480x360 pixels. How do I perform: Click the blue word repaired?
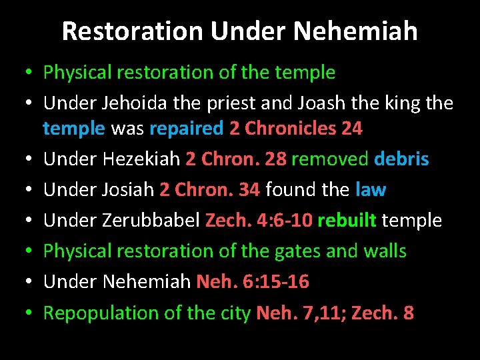coord(187,128)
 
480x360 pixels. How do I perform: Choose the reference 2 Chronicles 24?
coord(296,128)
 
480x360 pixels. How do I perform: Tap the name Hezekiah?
coord(141,159)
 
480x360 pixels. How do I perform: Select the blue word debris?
coord(401,159)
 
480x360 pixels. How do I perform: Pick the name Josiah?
coord(129,190)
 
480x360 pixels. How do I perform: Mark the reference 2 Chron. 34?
coord(209,190)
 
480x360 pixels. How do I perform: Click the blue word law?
coord(371,190)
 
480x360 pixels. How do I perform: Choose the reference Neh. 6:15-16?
coord(253,282)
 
